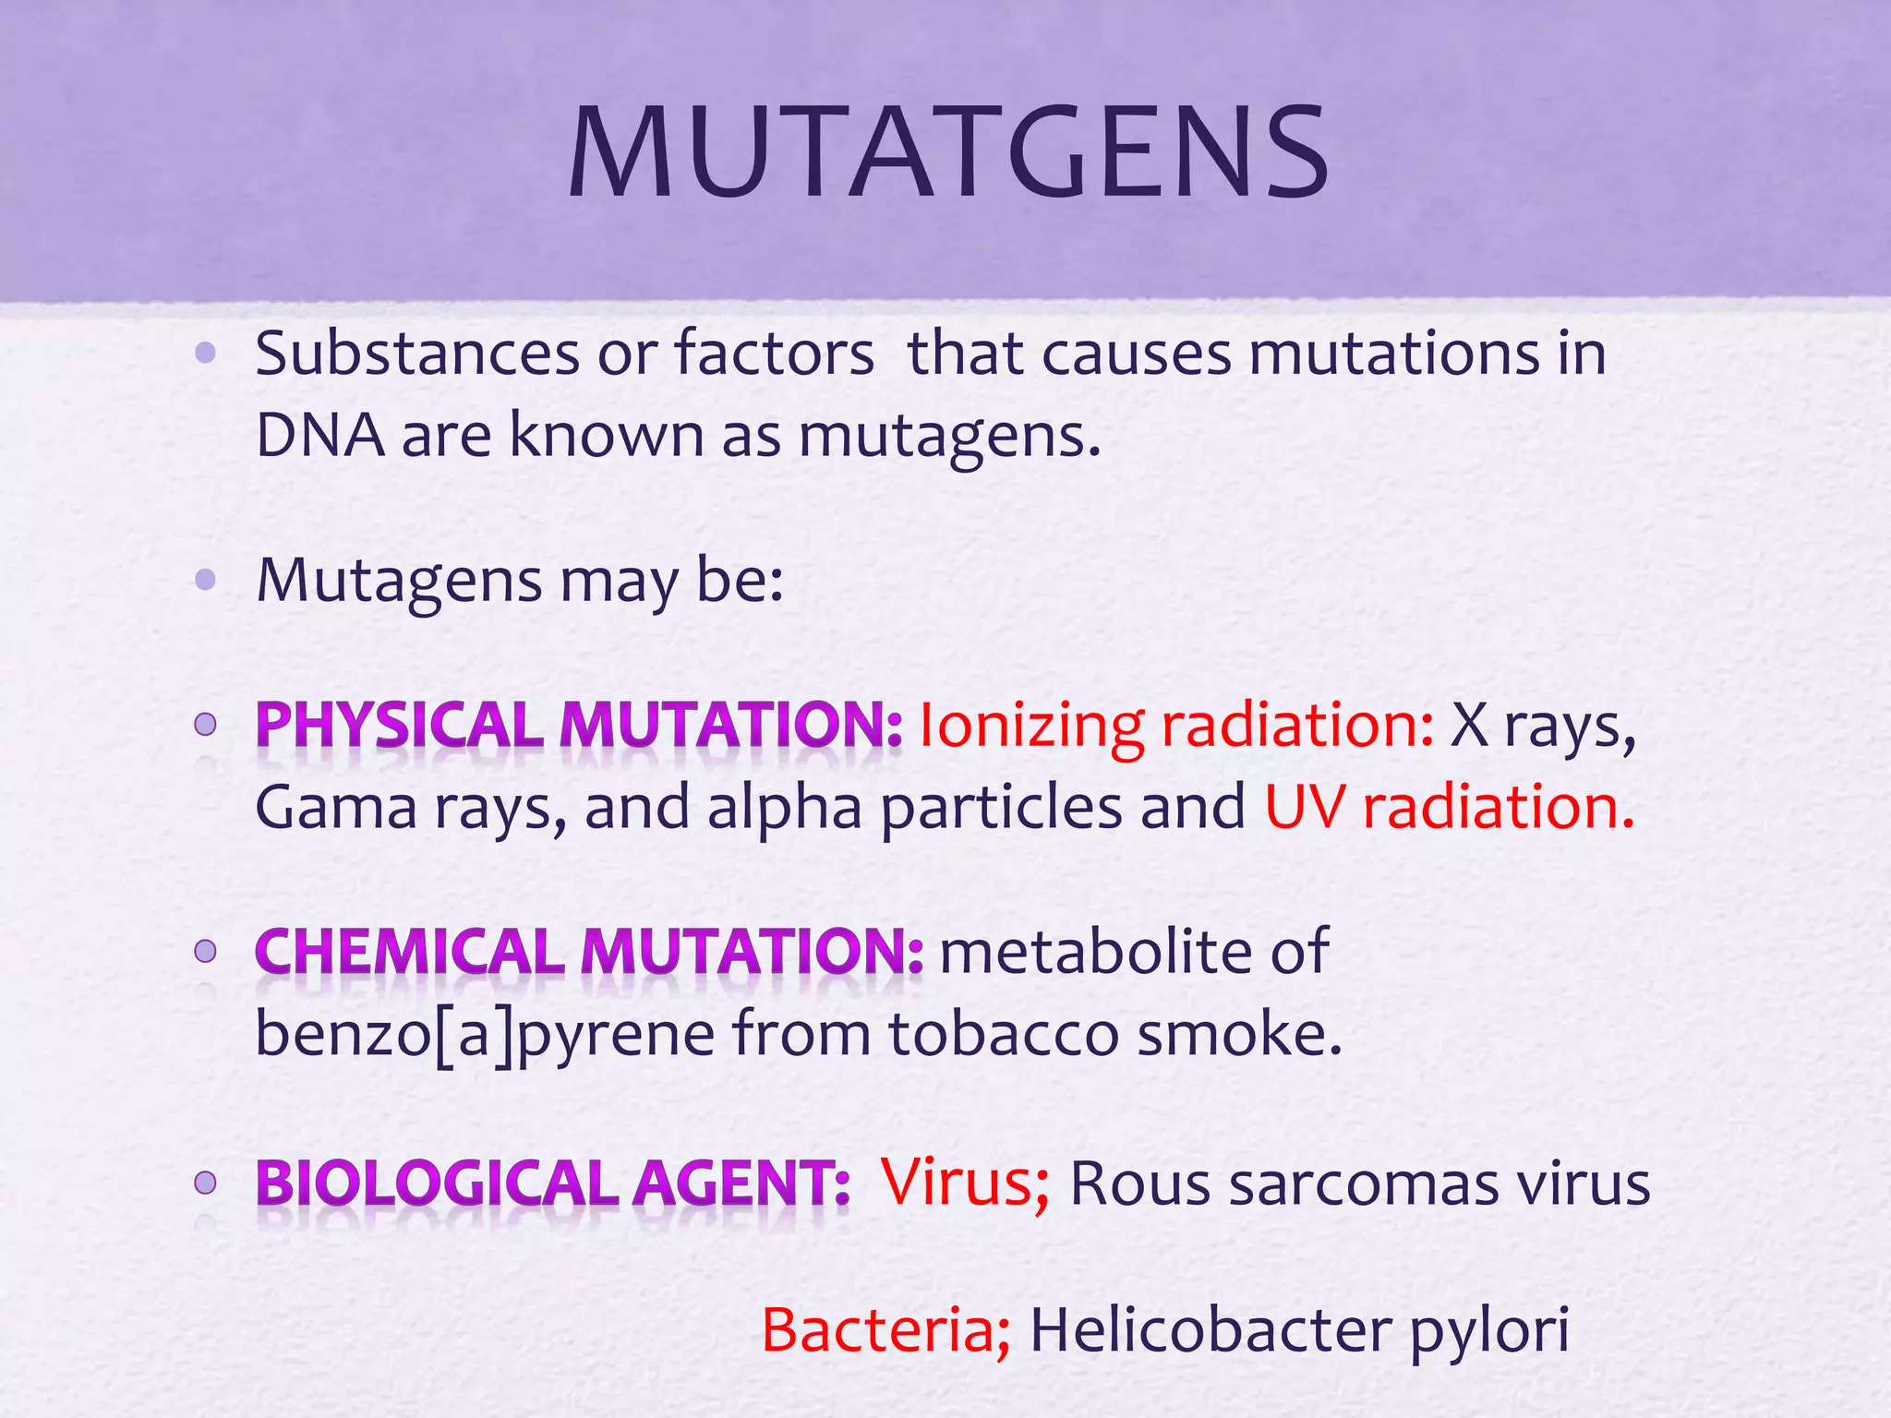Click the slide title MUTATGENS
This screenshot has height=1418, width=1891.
(948, 153)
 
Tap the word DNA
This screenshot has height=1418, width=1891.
(319, 435)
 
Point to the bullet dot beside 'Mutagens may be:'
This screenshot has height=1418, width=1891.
(206, 580)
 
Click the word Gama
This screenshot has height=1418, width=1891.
(336, 807)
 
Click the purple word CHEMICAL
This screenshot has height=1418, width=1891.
(410, 952)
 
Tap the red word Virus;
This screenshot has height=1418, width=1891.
(965, 1183)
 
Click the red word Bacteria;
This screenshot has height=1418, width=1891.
(885, 1330)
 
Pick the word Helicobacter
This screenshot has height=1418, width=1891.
(1210, 1330)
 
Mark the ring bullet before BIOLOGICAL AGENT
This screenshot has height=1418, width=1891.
(206, 1183)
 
